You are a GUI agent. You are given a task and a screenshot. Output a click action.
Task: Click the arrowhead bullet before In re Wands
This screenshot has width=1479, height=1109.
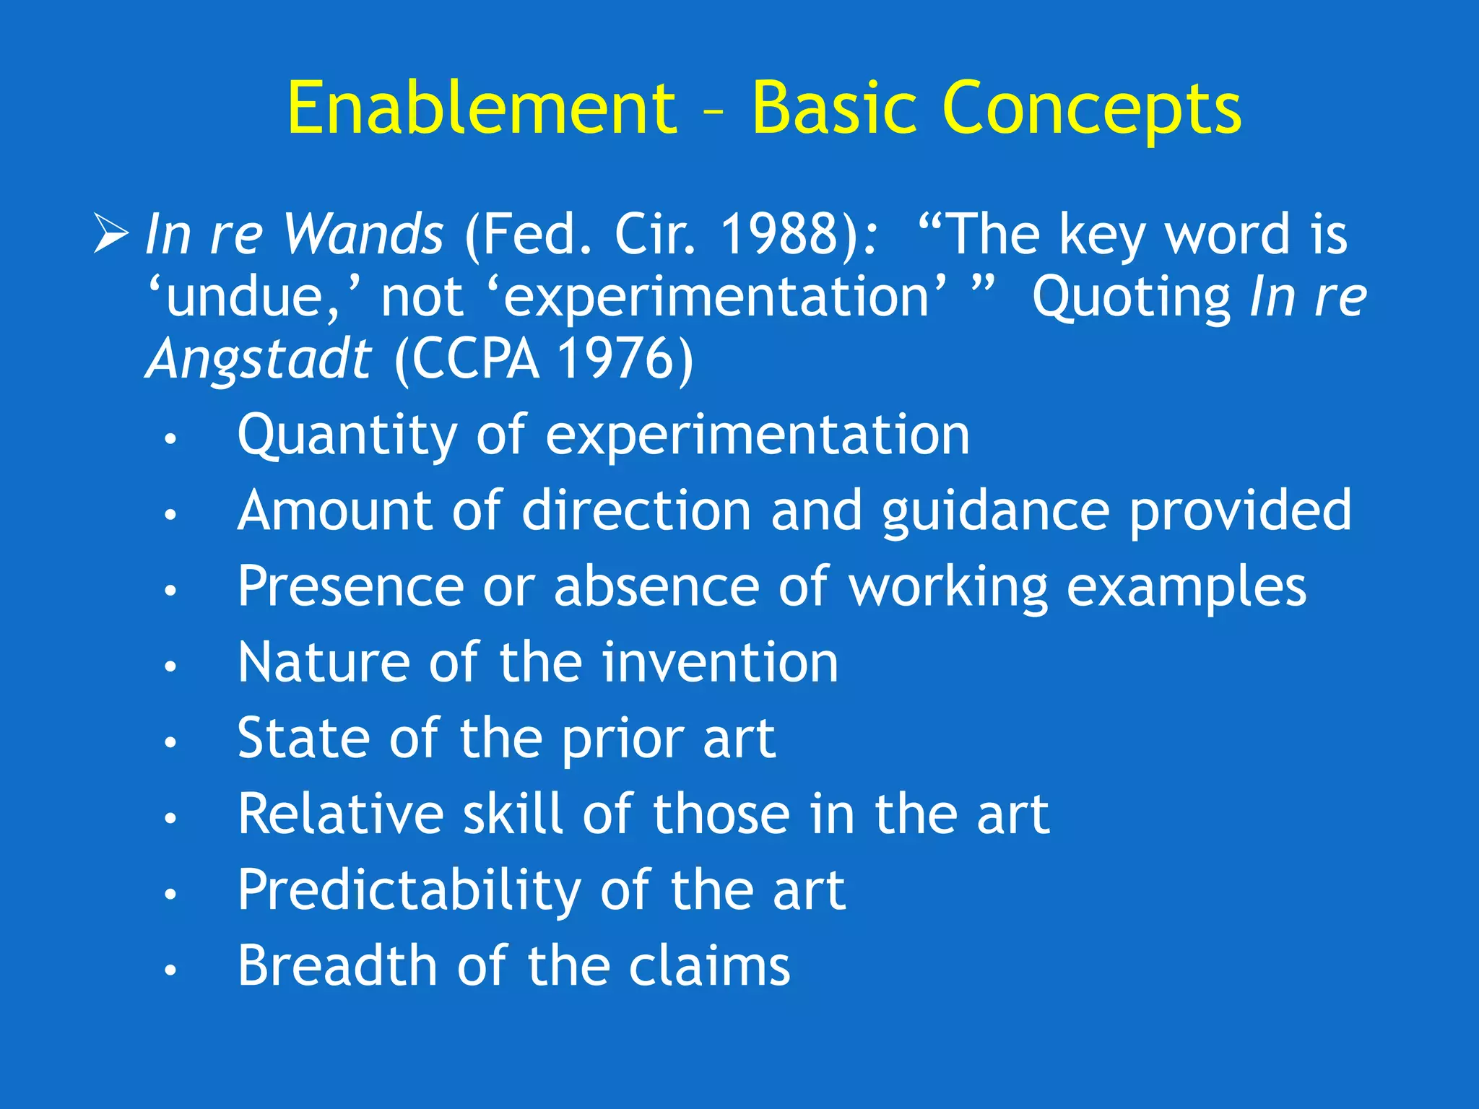pyautogui.click(x=110, y=235)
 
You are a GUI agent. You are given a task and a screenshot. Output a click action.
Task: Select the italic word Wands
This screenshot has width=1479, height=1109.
pyautogui.click(x=363, y=235)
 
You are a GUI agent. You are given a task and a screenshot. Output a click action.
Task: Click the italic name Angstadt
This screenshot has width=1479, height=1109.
pyautogui.click(x=259, y=359)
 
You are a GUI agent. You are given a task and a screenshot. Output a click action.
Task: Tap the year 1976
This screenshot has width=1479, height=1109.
pyautogui.click(x=616, y=359)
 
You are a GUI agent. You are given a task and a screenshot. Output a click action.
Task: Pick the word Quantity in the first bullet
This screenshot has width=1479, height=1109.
pyautogui.click(x=347, y=436)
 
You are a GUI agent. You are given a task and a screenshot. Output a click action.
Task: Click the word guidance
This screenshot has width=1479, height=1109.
pyautogui.click(x=994, y=511)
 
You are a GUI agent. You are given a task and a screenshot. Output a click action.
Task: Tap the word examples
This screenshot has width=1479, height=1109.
pyautogui.click(x=1186, y=586)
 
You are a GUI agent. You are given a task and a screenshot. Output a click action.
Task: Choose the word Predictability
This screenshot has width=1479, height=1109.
pyautogui.click(x=409, y=890)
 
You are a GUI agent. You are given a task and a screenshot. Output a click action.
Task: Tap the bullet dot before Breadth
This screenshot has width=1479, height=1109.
pyautogui.click(x=170, y=970)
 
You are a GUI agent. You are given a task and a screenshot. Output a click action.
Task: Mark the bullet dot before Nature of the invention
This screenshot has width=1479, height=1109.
pyautogui.click(x=170, y=666)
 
